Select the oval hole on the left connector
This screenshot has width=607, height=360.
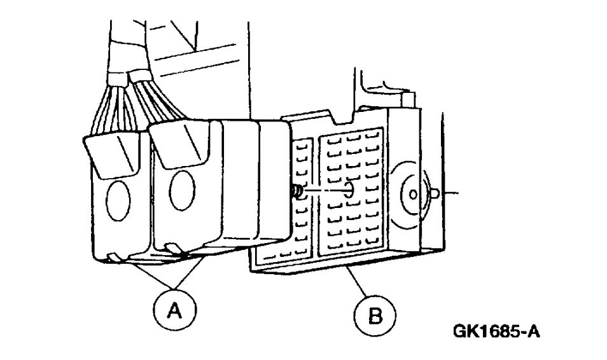click(118, 200)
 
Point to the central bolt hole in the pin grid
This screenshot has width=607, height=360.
click(349, 191)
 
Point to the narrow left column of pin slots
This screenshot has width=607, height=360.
click(304, 197)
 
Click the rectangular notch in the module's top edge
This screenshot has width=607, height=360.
click(344, 118)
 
